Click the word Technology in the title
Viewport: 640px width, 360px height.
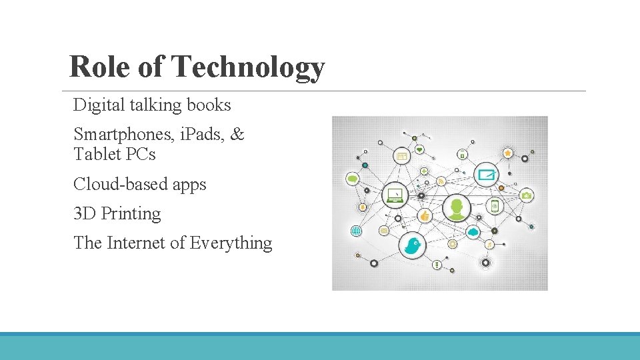pos(247,67)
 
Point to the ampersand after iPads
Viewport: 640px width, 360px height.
pos(237,135)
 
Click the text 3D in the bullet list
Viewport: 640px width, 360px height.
pos(85,214)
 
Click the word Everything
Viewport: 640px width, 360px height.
pos(231,243)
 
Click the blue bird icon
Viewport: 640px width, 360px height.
pos(412,245)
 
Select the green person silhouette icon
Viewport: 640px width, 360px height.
pos(457,208)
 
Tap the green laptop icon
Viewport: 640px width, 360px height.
pos(395,195)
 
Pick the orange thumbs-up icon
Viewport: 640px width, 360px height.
pos(424,215)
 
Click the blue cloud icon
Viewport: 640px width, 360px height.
pos(473,232)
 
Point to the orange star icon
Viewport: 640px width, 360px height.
pos(508,153)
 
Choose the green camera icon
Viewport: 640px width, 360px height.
pos(527,195)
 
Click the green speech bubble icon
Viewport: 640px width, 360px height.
pos(353,179)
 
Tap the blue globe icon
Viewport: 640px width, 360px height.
pos(356,231)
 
